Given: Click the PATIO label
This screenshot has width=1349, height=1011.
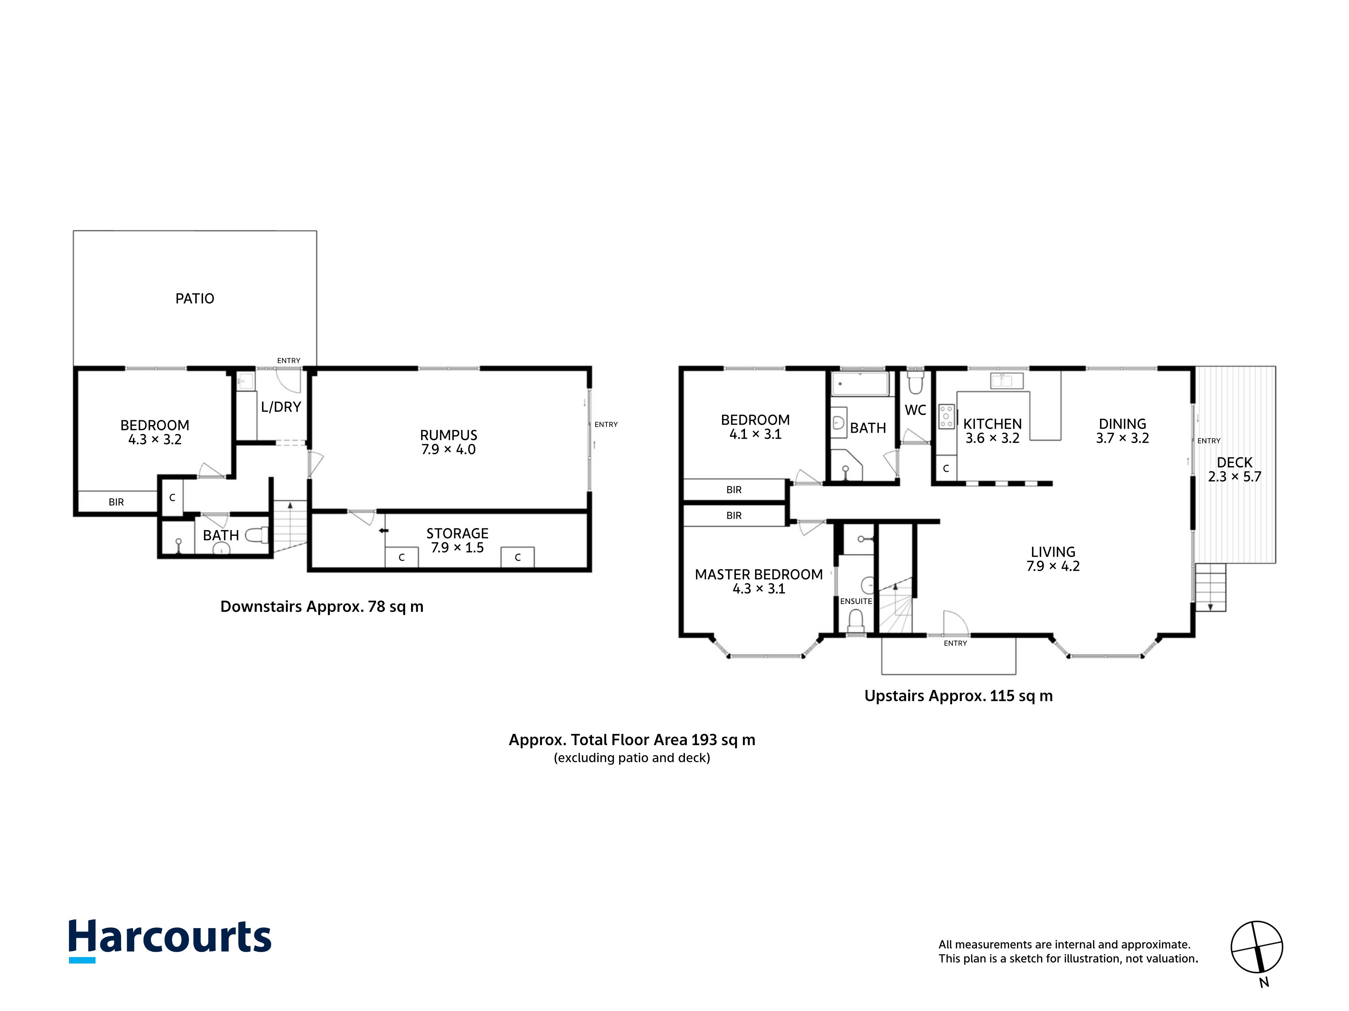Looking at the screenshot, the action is pyautogui.click(x=195, y=299).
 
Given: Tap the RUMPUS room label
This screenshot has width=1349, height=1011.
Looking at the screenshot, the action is pyautogui.click(x=448, y=435).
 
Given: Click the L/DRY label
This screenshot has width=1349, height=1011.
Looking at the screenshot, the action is pyautogui.click(x=281, y=407).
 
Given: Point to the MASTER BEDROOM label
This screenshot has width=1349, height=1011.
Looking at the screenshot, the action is pyautogui.click(x=759, y=575).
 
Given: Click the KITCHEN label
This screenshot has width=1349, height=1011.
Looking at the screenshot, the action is pyautogui.click(x=992, y=424).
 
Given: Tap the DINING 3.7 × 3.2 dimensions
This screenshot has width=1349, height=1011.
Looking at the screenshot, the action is pyautogui.click(x=1122, y=438).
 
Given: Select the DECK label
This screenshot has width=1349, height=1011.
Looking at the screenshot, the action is pyautogui.click(x=1234, y=463).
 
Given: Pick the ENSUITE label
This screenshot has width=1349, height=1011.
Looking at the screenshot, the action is pyautogui.click(x=856, y=601).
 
